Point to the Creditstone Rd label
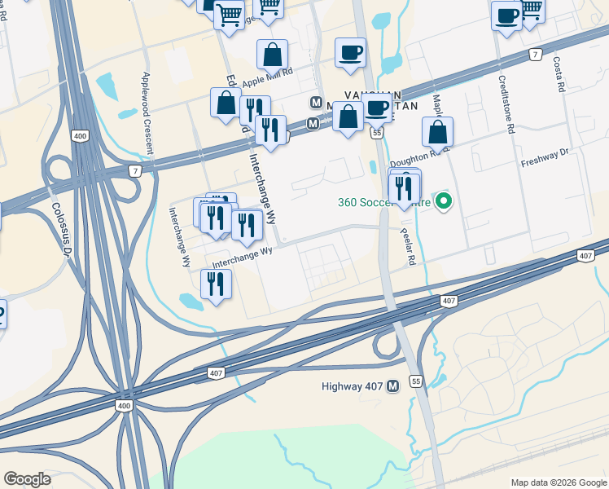(506, 107)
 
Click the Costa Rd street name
(559, 75)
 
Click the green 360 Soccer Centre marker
(444, 200)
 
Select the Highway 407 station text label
(351, 385)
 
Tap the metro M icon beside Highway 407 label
(394, 385)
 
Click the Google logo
(28, 479)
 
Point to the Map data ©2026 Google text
(558, 482)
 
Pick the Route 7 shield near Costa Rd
(534, 54)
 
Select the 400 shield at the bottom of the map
(123, 405)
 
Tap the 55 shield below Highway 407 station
(416, 381)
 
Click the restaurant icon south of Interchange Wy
(216, 284)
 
